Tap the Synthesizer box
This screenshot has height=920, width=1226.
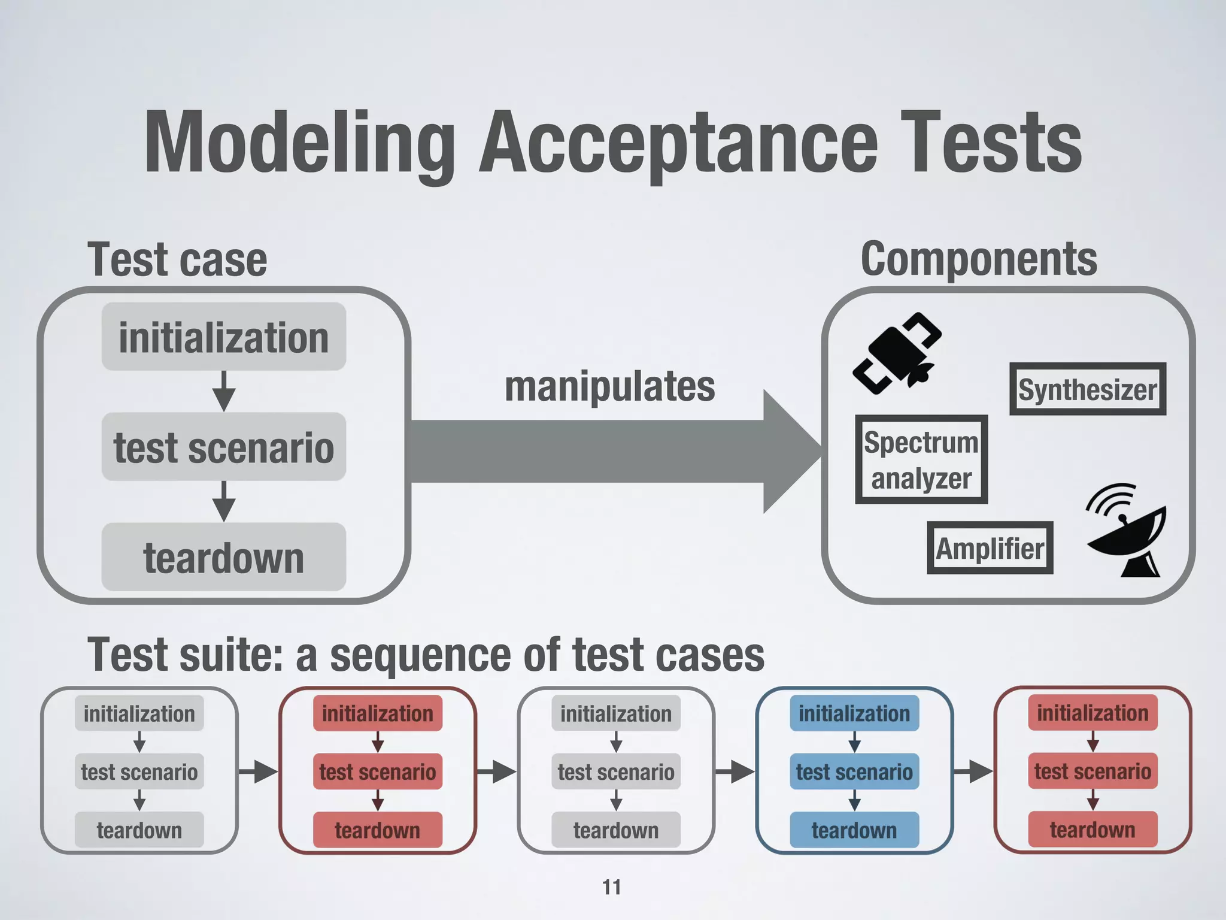(x=1087, y=389)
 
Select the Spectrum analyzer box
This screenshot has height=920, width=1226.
(x=921, y=459)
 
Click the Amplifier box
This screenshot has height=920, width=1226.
(x=990, y=548)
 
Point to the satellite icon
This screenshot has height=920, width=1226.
(x=897, y=353)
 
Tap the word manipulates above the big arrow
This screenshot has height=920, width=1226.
(x=609, y=386)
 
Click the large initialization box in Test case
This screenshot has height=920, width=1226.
(x=223, y=337)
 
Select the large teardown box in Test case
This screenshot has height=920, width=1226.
(x=223, y=557)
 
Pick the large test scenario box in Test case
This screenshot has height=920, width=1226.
(x=223, y=447)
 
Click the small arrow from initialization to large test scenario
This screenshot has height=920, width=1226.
(x=223, y=391)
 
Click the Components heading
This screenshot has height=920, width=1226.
(x=979, y=259)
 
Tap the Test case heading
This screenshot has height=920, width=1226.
(x=177, y=260)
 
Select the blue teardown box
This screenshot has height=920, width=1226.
(x=854, y=830)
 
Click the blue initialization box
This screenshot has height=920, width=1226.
(x=854, y=713)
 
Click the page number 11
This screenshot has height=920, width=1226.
(x=611, y=887)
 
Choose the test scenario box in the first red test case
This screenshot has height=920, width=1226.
(x=377, y=771)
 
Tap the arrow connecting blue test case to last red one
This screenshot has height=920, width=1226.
(x=973, y=771)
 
